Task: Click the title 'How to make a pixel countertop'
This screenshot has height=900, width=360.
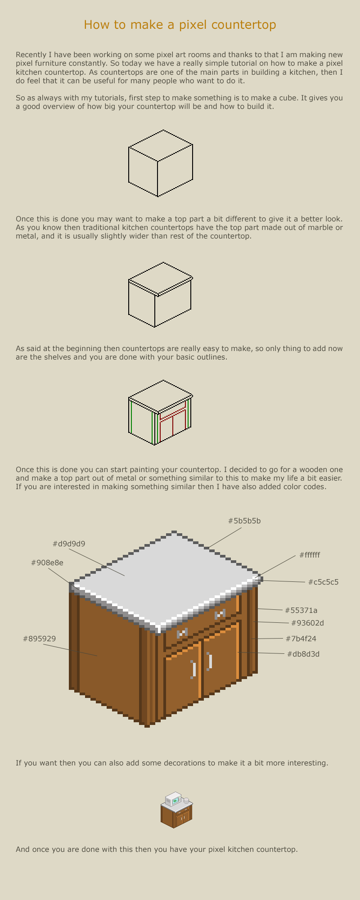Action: (180, 25)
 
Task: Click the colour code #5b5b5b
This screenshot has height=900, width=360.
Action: (244, 521)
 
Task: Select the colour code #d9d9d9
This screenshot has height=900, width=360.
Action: (68, 544)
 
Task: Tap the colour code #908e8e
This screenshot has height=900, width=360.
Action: (47, 562)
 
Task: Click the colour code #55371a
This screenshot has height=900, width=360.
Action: (301, 610)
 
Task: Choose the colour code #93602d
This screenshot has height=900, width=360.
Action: (307, 623)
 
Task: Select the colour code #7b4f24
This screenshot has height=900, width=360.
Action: (301, 639)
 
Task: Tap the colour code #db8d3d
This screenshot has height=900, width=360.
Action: (303, 654)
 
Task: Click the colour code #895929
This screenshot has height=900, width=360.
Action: (39, 639)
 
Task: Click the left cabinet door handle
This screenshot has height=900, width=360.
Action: (193, 669)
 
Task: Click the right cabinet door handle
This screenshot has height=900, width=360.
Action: (210, 661)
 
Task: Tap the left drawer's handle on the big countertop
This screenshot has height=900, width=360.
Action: (181, 634)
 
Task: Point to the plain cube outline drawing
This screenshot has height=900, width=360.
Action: (161, 163)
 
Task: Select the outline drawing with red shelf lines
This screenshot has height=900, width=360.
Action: (161, 413)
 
